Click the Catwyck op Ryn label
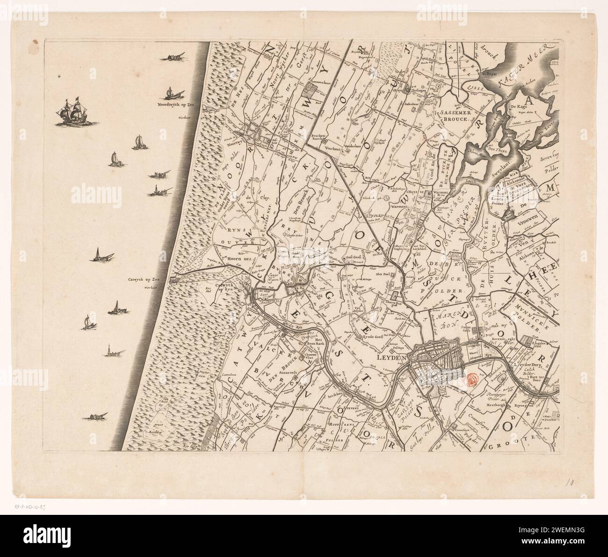(223, 287)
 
